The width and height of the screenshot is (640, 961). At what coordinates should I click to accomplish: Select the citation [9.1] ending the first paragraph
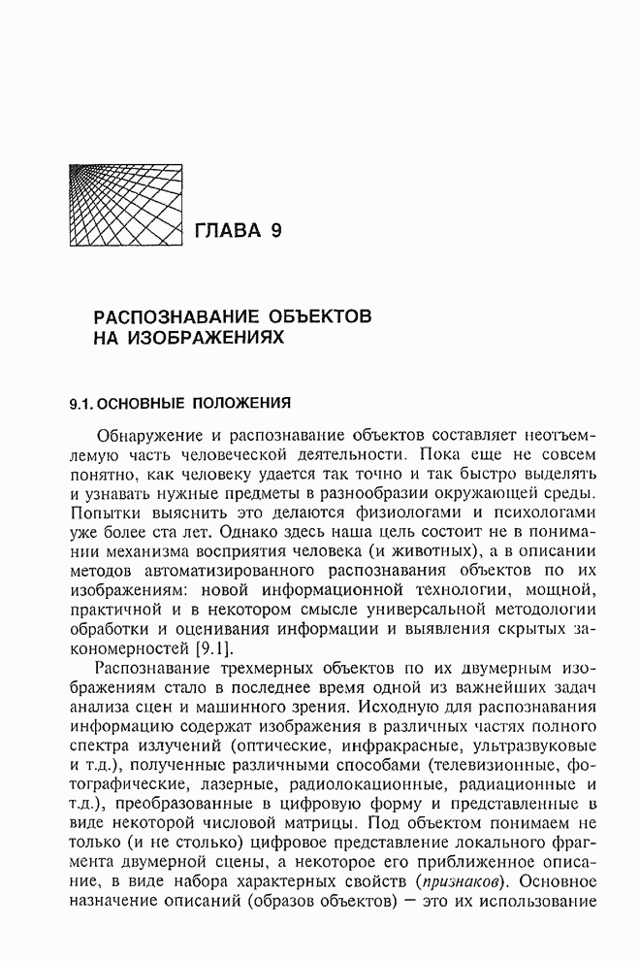click(x=210, y=647)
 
